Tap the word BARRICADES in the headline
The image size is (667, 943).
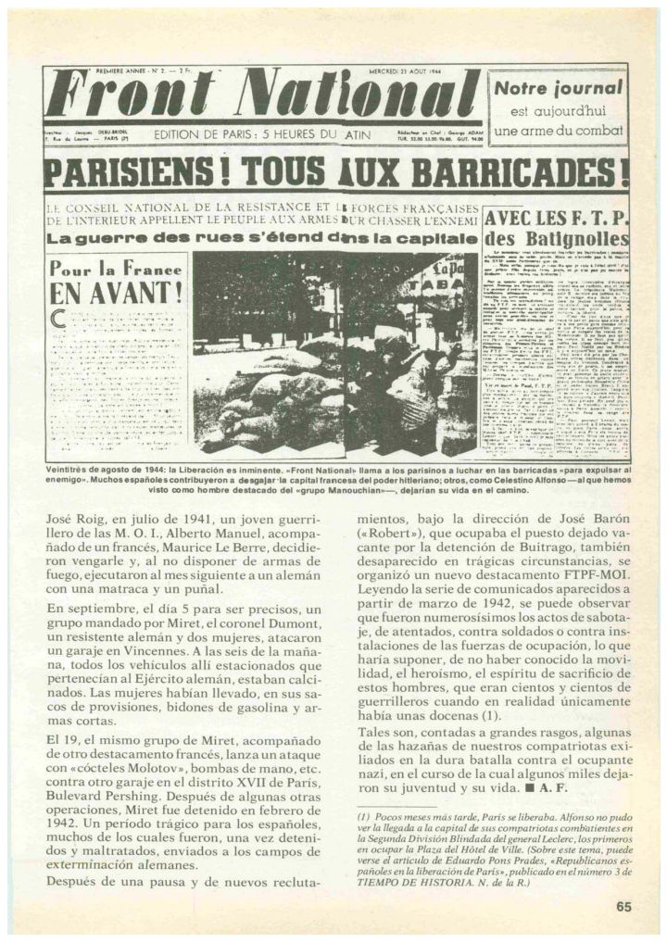pos(533,174)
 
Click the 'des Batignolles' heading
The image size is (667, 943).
pos(557,242)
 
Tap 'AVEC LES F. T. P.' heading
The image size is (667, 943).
pos(557,220)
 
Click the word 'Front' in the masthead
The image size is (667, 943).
pos(126,98)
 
